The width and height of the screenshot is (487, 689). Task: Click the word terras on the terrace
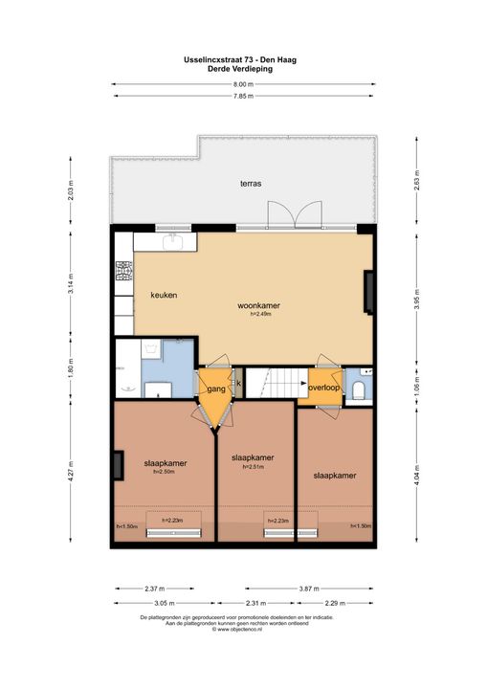pyautogui.click(x=251, y=183)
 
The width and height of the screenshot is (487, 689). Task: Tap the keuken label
pyautogui.click(x=164, y=296)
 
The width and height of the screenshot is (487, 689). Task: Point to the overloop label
pyautogui.click(x=324, y=388)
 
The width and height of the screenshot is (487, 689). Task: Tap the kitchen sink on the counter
pyautogui.click(x=174, y=242)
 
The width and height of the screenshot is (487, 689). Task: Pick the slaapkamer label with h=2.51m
pyautogui.click(x=253, y=458)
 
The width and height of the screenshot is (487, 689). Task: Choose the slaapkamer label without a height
pyautogui.click(x=332, y=475)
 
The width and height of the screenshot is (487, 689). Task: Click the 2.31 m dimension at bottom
pyautogui.click(x=255, y=603)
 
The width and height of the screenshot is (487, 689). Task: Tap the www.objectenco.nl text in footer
pyautogui.click(x=243, y=629)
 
